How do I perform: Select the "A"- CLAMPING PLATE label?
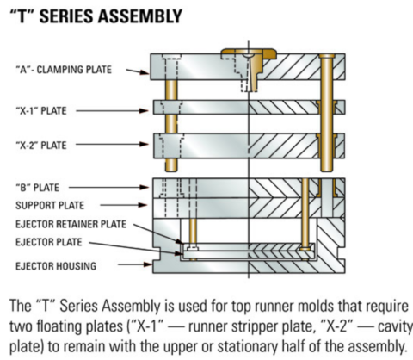(65, 69)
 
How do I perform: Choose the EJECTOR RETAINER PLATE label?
(71, 223)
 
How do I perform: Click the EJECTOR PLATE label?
(52, 240)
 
